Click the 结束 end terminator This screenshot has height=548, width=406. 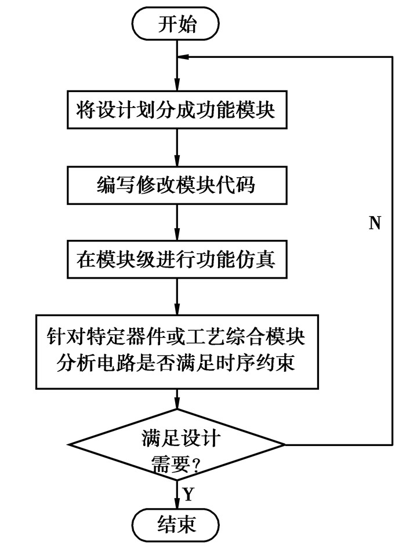tap(177, 524)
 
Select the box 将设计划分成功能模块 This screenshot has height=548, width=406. tap(177, 110)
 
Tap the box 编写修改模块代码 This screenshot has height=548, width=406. tap(177, 185)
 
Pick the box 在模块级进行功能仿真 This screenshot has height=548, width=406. tap(177, 259)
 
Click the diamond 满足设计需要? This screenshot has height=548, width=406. tap(177, 444)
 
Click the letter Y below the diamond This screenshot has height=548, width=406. tap(188, 494)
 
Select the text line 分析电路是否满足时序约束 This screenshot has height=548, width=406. tap(177, 363)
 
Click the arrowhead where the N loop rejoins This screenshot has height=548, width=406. tap(185, 56)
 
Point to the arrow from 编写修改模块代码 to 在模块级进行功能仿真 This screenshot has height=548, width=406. tap(177, 223)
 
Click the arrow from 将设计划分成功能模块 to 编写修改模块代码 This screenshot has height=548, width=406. tap(177, 148)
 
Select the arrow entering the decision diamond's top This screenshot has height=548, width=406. tap(177, 403)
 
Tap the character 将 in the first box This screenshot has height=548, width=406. tap(85, 110)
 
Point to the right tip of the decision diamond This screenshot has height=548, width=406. tap(284, 444)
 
